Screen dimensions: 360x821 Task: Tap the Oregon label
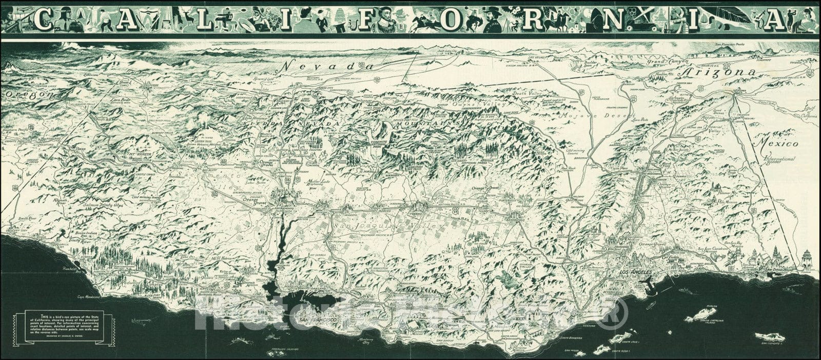click(28, 95)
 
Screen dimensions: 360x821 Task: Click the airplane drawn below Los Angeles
click(648, 282)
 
